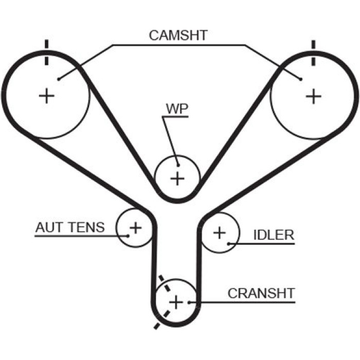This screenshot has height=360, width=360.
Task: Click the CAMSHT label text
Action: [178, 35]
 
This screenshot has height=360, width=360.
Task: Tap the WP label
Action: [177, 109]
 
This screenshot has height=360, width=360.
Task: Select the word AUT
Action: [49, 227]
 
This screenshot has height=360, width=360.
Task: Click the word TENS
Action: [87, 227]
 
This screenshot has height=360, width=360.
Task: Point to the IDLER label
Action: [274, 235]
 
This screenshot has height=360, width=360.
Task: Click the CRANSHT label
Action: [261, 293]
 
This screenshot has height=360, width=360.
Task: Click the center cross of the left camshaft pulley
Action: [47, 96]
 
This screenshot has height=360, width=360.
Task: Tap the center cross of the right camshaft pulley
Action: [313, 96]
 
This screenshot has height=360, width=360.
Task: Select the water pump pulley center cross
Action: [177, 178]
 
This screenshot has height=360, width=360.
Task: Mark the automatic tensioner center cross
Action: [136, 228]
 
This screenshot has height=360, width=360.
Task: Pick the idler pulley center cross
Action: [220, 233]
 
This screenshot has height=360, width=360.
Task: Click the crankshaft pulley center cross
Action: [176, 302]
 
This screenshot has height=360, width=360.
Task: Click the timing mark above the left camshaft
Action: [47, 52]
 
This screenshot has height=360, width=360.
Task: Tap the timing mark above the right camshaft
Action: [313, 53]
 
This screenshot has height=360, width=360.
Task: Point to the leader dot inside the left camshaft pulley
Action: [59, 79]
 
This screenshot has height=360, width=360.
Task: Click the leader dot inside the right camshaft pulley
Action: [301, 79]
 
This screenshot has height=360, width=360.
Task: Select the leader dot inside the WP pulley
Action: [178, 165]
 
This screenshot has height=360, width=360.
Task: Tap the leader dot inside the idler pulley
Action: [229, 244]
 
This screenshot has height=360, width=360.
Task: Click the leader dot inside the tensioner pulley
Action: [128, 236]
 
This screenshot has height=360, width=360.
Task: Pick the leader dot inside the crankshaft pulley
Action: [189, 302]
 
